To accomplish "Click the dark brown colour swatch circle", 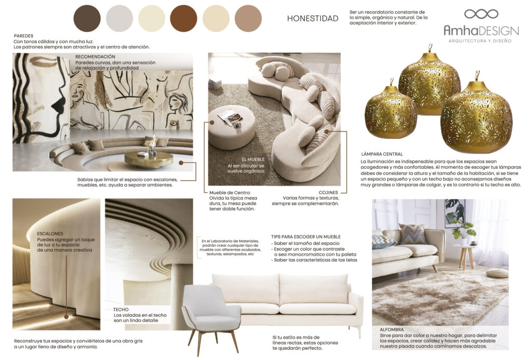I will coord(87,19).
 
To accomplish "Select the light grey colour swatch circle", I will coord(119,19).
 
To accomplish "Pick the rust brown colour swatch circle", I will coord(184,19).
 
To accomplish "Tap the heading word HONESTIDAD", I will coord(313,19).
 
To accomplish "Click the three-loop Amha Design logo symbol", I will coord(481,14).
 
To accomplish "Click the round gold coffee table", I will coord(149,159).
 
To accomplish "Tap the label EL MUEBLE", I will coord(253,159).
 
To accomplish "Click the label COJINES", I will coord(328,192).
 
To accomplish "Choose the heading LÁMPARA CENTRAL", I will coord(382,154).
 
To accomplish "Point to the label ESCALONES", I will coord(50,234).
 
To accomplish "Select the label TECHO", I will coord(121,309).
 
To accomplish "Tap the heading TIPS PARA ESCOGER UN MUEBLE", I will coord(307,236).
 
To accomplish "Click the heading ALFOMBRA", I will coord(391,329).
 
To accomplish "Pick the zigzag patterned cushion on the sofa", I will coord(413,234).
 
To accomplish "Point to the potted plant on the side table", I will coord(463,231).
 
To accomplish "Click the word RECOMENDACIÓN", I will coord(95,57).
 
